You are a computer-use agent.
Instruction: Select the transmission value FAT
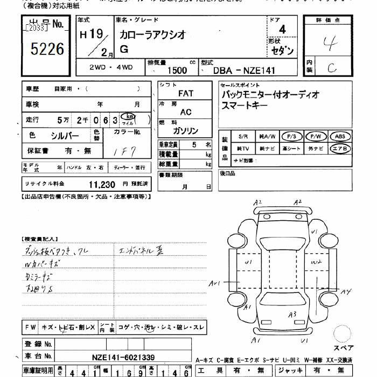pos(185,93)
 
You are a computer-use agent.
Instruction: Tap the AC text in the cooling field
pos(185,112)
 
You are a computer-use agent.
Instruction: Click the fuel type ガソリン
pos(185,131)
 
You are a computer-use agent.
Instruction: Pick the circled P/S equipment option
pos(294,136)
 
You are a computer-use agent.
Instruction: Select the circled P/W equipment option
pos(317,136)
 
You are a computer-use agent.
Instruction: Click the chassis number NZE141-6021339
pos(123,357)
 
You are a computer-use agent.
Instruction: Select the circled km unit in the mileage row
pos(128,117)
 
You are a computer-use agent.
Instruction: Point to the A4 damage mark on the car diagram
pos(346,291)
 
